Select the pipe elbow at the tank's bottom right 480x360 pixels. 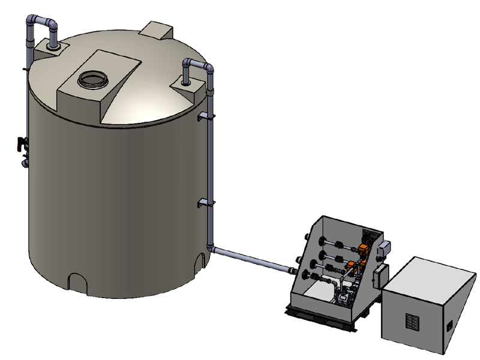(x=210, y=247)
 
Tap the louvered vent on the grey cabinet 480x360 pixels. (x=412, y=322)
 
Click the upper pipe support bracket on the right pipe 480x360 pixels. (x=204, y=115)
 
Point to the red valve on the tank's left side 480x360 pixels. (x=22, y=144)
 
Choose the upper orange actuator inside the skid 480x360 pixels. (x=364, y=248)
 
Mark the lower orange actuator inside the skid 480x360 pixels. (x=350, y=268)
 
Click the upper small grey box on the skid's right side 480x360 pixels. (x=386, y=247)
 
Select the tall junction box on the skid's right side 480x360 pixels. (x=379, y=277)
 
